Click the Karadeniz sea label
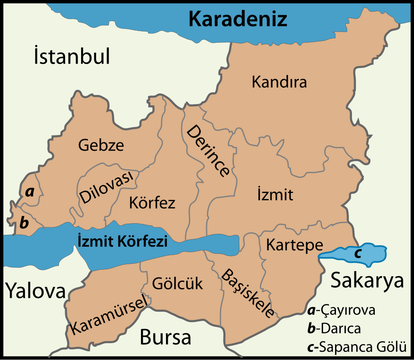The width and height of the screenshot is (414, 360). (x=238, y=19)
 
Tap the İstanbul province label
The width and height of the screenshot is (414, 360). (x=72, y=57)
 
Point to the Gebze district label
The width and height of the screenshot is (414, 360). (x=101, y=145)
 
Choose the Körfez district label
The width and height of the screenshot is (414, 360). (x=152, y=202)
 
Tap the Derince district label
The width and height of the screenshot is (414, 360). (x=208, y=151)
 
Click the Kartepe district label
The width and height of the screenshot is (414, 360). (x=294, y=245)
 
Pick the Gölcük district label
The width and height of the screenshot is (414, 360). (x=178, y=284)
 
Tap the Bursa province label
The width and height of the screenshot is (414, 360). (x=165, y=337)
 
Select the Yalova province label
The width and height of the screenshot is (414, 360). (x=35, y=291)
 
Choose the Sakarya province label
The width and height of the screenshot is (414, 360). (x=367, y=281)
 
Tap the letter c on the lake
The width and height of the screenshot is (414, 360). (x=358, y=253)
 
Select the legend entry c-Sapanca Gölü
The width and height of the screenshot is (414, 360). (x=357, y=347)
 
